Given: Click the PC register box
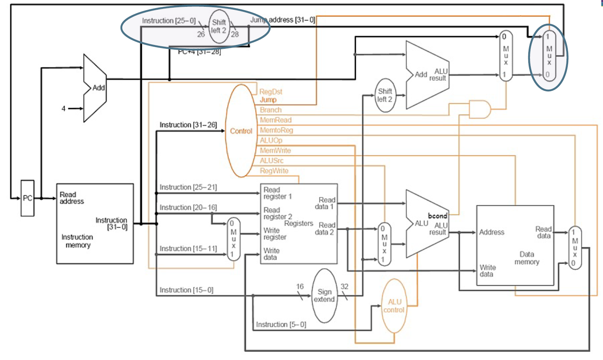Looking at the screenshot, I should point(28,198).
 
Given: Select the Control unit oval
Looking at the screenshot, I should point(241,131).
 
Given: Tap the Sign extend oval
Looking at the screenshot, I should point(324,295).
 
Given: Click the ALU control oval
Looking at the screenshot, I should point(394,306).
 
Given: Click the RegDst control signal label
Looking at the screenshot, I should point(271,92).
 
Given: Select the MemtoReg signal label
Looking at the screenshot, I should point(276,130).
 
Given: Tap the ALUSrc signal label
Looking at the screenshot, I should point(272,160).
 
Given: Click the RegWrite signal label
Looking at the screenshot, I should point(274,171).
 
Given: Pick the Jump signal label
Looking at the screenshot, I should point(268,100).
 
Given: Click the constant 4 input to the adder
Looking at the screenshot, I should point(64,109).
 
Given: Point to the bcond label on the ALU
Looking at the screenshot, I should point(437,216).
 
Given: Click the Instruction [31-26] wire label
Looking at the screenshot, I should point(188,125).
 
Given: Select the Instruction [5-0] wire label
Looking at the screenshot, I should point(281,325).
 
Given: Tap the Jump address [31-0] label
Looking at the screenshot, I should point(283,20).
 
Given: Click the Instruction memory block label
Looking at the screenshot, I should point(77,241).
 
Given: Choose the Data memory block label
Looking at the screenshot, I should point(527,258).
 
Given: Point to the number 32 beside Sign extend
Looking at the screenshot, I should point(344,287).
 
